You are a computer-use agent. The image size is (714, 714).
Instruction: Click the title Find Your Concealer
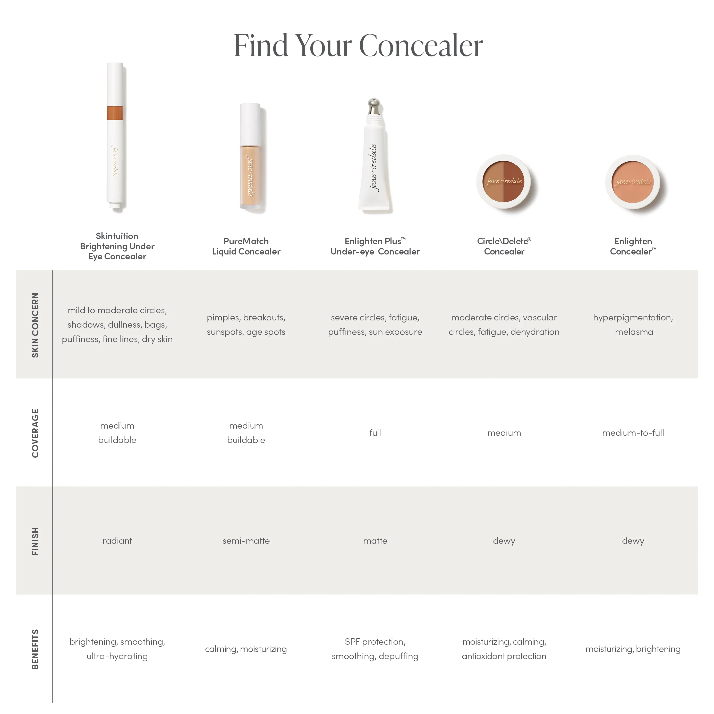coord(358,45)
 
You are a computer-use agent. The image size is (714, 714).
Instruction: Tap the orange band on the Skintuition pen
coord(115,113)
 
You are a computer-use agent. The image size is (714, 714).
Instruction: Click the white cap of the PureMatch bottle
coord(250,124)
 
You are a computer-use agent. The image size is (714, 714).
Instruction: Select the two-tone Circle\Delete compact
coord(503,181)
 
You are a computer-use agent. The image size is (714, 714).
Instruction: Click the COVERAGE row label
coord(35,433)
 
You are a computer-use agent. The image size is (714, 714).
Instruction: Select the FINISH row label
coord(35,541)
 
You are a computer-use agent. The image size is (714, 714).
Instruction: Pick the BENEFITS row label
coord(35,649)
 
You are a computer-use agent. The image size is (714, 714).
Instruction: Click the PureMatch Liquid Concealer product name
coord(246,246)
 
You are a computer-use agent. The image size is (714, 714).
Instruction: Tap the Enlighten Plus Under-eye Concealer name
coord(375,246)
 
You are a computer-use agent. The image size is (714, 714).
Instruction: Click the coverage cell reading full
coord(375,433)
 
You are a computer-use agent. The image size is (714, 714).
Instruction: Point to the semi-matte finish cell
coord(246,541)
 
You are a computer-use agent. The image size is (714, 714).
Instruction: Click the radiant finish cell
coord(117,541)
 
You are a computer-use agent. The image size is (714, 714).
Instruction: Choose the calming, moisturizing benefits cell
coord(246,649)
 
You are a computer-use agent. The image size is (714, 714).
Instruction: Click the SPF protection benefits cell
coord(375,649)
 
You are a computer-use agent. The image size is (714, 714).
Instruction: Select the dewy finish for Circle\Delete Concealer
coord(504,541)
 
